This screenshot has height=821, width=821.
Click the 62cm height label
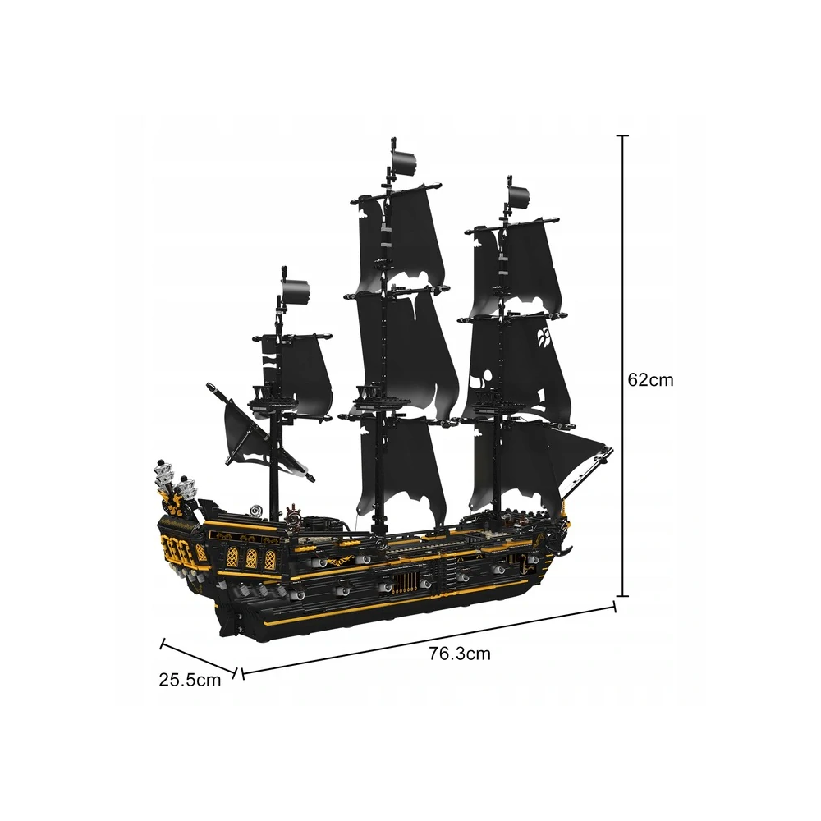tap(650, 379)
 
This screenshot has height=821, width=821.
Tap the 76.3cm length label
tap(460, 654)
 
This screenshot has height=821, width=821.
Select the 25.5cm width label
tap(190, 680)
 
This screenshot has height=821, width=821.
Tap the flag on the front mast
tap(518, 198)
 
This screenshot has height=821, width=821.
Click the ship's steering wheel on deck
tap(294, 518)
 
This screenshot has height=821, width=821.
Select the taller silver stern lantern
tap(164, 476)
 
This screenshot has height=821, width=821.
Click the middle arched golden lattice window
tap(251, 558)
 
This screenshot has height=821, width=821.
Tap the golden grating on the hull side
tap(404, 582)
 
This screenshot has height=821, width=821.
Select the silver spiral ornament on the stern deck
tap(257, 510)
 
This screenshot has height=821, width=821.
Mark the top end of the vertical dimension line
tap(622, 135)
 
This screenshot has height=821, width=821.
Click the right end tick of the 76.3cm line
tap(615, 607)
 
